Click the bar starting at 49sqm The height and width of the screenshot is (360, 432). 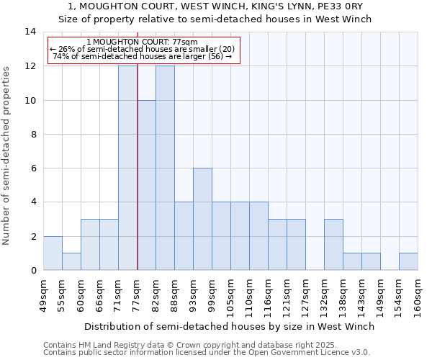[x=53, y=253]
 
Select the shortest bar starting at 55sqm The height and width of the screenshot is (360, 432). [x=71, y=261]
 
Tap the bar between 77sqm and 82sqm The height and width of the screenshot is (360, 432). [x=146, y=185]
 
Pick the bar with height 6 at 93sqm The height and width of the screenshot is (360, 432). [x=202, y=219]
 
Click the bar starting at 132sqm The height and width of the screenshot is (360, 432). [x=333, y=244]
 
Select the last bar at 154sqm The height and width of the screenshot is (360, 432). [x=408, y=261]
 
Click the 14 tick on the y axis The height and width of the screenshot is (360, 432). [x=30, y=32]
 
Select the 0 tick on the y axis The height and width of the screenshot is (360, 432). [x=32, y=270]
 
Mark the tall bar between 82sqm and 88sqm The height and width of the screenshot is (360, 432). [x=165, y=168]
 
